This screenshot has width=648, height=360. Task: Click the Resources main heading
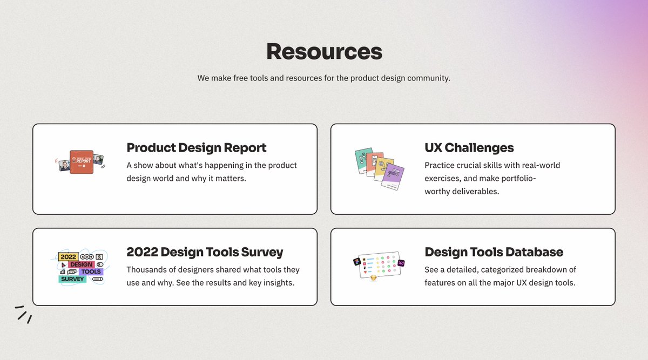point(324,51)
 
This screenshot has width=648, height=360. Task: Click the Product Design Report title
point(197,147)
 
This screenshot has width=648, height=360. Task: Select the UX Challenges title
point(469,147)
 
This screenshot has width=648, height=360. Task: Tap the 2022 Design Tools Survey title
point(205,252)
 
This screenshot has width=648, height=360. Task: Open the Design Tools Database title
point(494,252)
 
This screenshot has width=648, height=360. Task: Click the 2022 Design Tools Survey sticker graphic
point(81,267)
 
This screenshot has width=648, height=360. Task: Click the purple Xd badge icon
point(401,263)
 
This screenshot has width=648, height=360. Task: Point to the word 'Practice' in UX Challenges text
point(440,165)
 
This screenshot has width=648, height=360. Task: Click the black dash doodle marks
point(23,314)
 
